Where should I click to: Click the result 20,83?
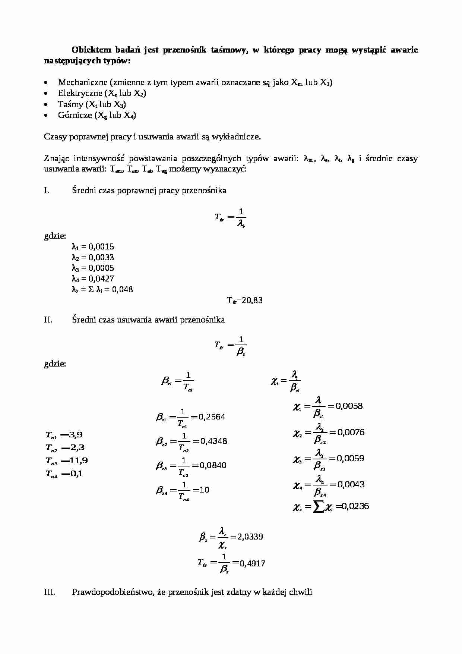[252, 301]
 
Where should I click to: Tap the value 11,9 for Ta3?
[79, 460]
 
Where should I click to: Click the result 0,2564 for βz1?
[212, 417]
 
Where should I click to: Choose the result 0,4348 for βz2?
[213, 441]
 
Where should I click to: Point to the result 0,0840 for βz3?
[213, 465]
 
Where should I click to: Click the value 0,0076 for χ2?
[351, 433]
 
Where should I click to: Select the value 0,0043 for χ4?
[351, 485]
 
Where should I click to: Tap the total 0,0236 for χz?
[355, 506]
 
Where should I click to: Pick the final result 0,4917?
[253, 563]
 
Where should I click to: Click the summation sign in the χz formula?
[319, 507]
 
